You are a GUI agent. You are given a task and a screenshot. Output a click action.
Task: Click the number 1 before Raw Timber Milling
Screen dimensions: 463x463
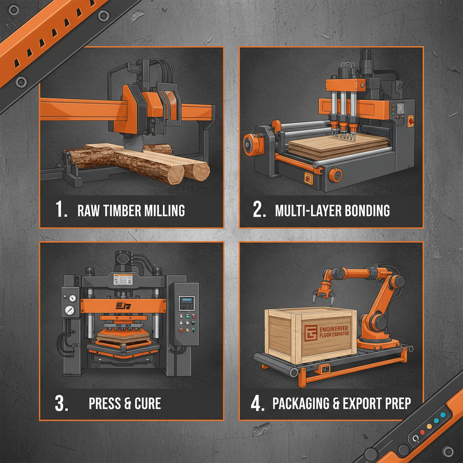pos(61,210)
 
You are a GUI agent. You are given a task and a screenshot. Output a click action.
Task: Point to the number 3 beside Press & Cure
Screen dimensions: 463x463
pos(61,404)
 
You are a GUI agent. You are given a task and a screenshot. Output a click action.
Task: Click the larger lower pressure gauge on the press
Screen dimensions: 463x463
pos(69,311)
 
